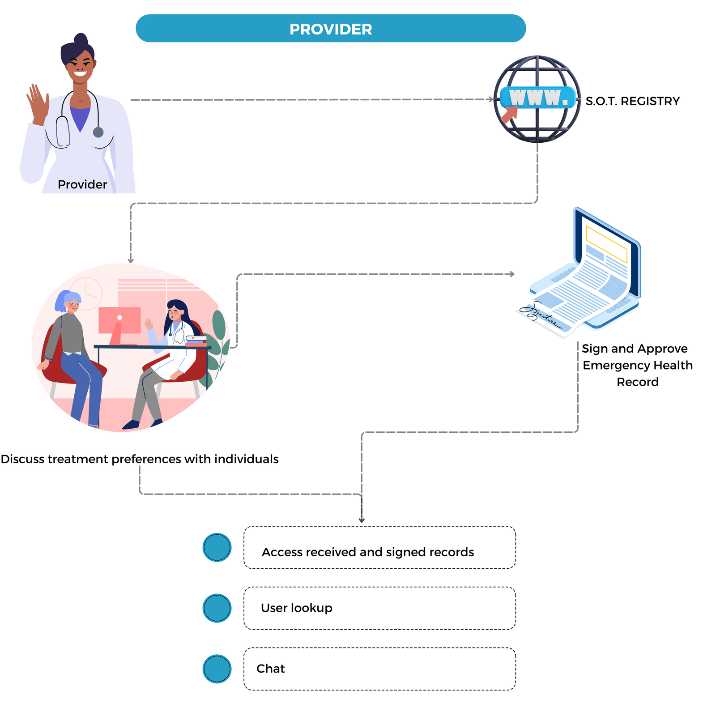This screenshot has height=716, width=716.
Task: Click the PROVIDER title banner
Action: pos(331,29)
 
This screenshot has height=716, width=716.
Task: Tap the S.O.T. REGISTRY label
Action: pos(632,101)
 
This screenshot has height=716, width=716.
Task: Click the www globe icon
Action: pos(537,99)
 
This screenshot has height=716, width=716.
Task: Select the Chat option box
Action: pos(379,669)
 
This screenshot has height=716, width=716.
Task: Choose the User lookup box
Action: pos(379,608)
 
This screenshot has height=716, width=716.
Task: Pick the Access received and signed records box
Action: pos(379,547)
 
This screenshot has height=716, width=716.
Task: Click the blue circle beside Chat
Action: pos(217,669)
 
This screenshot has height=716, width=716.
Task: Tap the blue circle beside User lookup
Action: pos(217,608)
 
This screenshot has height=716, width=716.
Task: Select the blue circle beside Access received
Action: pos(217,547)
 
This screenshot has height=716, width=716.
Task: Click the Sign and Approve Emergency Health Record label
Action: pos(637,365)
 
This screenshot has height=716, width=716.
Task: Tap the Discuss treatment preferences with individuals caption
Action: pos(140,459)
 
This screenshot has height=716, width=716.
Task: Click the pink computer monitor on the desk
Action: pos(119,320)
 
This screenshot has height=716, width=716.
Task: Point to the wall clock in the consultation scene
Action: pos(86,293)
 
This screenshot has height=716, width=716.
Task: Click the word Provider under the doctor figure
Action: pos(82,184)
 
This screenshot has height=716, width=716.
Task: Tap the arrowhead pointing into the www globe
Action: pos(491,99)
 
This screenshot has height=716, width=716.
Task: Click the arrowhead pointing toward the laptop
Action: pos(512,274)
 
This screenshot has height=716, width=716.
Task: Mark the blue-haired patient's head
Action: pos(68,302)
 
